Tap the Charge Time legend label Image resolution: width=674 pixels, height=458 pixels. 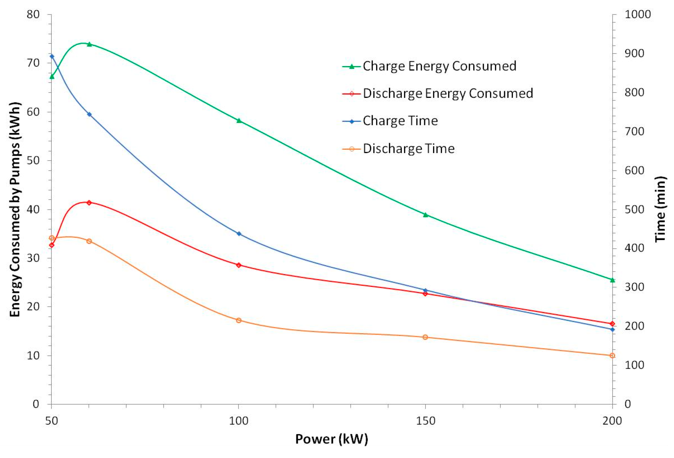click(400, 121)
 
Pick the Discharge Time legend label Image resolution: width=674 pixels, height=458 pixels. click(408, 149)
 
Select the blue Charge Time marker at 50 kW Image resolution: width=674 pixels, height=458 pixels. click(52, 56)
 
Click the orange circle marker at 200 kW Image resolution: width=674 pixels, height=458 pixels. click(612, 356)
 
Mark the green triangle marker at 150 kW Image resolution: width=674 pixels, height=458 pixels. click(425, 215)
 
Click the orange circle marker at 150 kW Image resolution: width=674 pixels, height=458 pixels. click(425, 337)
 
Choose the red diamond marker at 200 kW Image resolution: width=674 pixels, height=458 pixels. click(612, 324)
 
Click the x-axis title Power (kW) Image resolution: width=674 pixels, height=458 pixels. click(331, 439)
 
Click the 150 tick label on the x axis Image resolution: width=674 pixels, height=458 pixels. click(425, 421)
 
